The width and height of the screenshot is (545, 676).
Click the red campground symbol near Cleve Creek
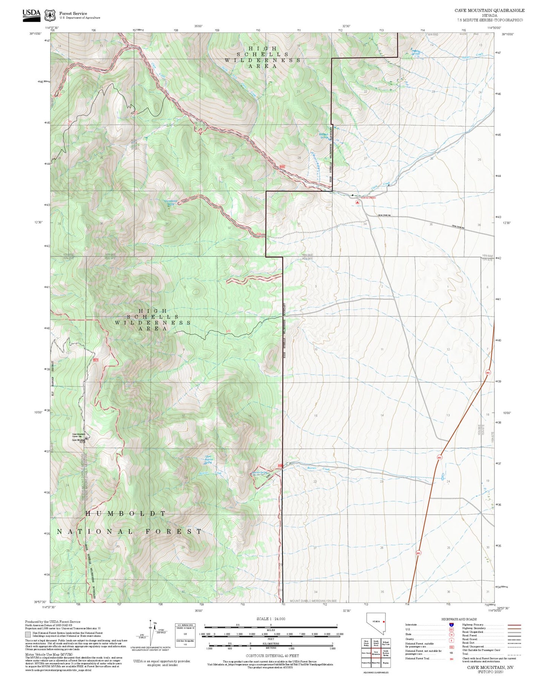(357, 202)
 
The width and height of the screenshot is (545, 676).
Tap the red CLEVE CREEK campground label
(368, 198)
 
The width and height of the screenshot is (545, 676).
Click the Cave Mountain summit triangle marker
(86, 438)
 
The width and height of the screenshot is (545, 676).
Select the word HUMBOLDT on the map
(125, 514)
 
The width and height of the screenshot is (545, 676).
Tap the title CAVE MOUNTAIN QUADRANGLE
(489, 10)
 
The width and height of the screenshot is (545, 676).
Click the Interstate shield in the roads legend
(451, 625)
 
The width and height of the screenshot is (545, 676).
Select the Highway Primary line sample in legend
(514, 625)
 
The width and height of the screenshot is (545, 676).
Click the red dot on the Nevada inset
(384, 621)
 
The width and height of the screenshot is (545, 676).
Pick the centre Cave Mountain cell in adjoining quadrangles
(376, 653)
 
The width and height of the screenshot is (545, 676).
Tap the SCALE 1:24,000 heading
(270, 619)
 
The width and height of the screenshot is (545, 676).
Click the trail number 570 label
(228, 331)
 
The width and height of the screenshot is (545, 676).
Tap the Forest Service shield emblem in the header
(50, 15)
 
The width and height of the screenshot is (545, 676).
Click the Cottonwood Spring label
(171, 202)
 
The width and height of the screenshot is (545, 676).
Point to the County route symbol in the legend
(451, 639)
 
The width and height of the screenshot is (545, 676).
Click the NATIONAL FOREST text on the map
(129, 531)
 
